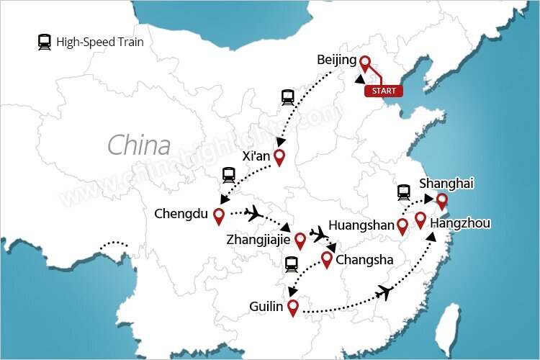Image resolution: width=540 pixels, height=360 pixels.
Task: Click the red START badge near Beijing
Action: point(383,91)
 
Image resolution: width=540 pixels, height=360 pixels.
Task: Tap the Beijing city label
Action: point(336,60)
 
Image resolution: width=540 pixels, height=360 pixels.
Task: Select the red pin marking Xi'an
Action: point(279,158)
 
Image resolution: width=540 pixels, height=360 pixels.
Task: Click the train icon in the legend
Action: point(45,42)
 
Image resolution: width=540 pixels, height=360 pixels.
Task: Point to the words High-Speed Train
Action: point(101,42)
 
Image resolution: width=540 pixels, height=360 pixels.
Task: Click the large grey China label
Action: point(139,145)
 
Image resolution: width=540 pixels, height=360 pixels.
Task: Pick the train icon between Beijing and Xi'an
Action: point(287,96)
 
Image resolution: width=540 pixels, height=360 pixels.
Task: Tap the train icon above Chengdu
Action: point(228,174)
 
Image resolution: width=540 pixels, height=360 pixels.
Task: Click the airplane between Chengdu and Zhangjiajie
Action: point(253,212)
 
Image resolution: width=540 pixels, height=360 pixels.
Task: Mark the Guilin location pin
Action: point(292,307)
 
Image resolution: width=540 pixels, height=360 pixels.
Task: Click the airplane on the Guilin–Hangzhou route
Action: point(386,292)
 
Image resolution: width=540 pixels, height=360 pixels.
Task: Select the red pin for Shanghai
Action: point(441,201)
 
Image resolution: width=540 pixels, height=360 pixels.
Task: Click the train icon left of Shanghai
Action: point(404,192)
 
